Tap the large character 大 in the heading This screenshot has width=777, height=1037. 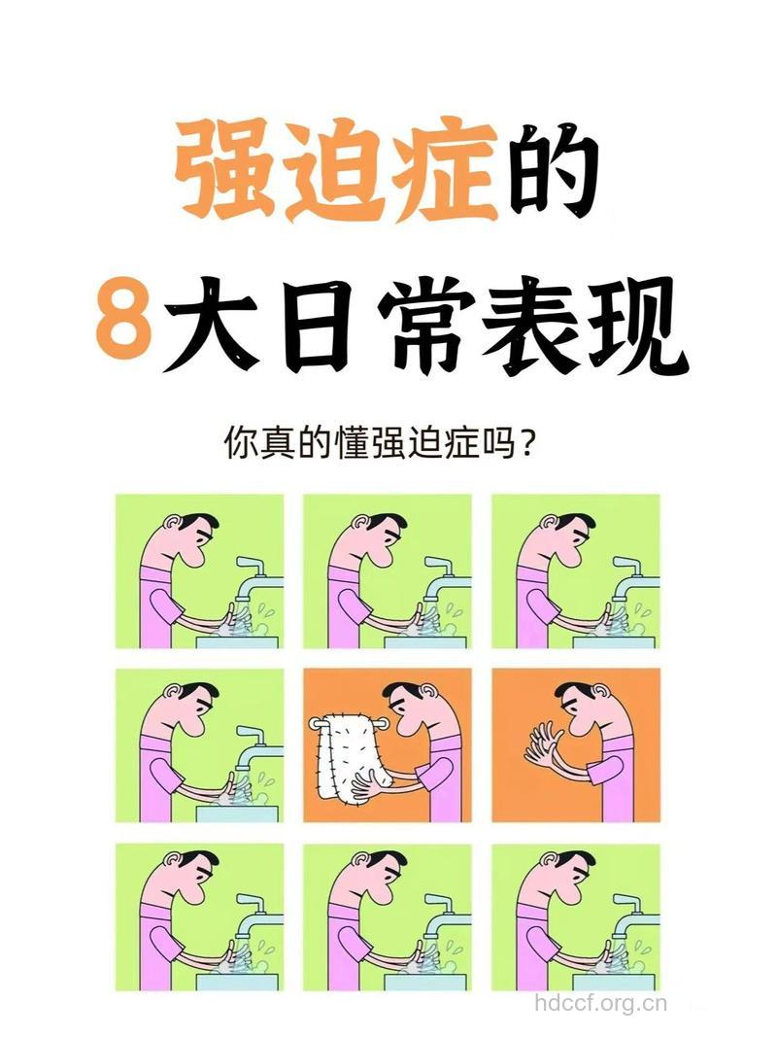pos(214,321)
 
